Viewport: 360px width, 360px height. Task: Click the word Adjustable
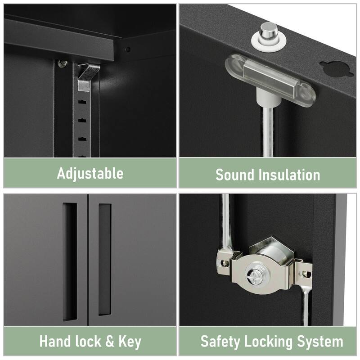pyautogui.click(x=90, y=173)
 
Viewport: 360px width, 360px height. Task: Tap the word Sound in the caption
pyautogui.click(x=234, y=175)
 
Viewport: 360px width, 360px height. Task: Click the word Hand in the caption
pyautogui.click(x=54, y=341)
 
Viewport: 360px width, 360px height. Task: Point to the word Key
pyautogui.click(x=130, y=342)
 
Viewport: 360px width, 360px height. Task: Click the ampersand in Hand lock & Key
pyautogui.click(x=110, y=342)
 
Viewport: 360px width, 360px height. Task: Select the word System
pyautogui.click(x=320, y=342)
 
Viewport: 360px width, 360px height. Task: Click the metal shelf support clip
pyautogui.click(x=87, y=77)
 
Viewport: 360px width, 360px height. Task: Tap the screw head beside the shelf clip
pyautogui.click(x=62, y=63)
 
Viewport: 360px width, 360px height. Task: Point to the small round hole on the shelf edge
pyautogui.click(x=128, y=49)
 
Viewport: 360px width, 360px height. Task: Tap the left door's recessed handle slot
pyautogui.click(x=70, y=262)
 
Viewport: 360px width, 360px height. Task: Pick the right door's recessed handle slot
pyautogui.click(x=105, y=260)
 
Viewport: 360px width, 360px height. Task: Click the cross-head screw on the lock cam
pyautogui.click(x=253, y=276)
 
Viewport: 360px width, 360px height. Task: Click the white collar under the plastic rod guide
pyautogui.click(x=268, y=98)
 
